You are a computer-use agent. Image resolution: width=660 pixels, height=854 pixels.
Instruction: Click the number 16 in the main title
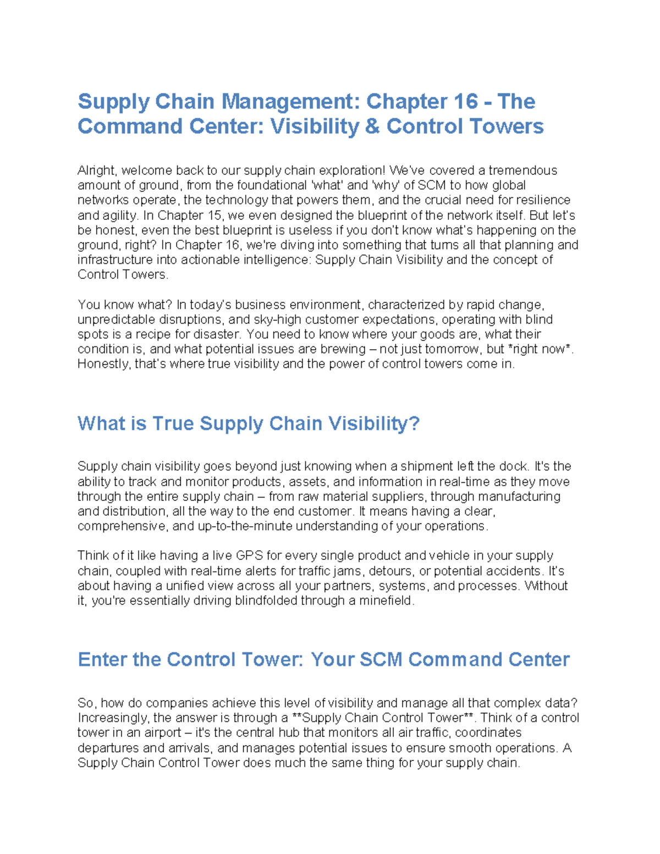point(466,101)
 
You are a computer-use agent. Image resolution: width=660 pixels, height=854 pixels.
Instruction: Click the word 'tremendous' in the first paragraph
point(522,170)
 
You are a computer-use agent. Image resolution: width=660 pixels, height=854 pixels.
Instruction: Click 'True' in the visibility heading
point(173,423)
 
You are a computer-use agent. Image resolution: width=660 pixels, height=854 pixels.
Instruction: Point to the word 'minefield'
point(385,600)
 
